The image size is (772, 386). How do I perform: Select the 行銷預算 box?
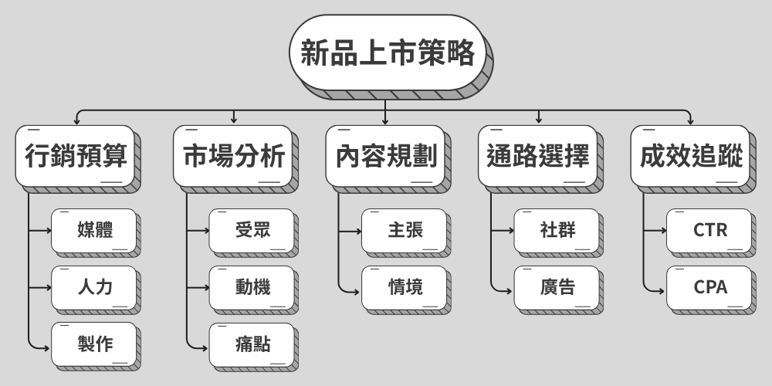[x=76, y=156]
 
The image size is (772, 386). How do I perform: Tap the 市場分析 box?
[x=234, y=156]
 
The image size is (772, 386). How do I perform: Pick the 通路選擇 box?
[x=538, y=156]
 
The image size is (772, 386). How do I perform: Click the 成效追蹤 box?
[x=691, y=156]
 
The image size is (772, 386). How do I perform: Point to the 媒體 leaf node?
[x=95, y=229]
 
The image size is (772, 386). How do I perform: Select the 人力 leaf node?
[x=95, y=287]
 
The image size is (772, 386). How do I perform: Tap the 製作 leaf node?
[x=95, y=344]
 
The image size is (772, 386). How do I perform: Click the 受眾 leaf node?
[x=252, y=229]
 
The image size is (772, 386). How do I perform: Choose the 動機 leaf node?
[x=252, y=287]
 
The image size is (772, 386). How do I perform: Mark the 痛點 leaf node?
[x=252, y=344]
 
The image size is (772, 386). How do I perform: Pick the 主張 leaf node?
[x=405, y=229]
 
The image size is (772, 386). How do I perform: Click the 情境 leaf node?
[x=405, y=287]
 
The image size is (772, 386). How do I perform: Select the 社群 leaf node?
[x=557, y=229]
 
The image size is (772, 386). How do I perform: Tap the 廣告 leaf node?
[x=557, y=287]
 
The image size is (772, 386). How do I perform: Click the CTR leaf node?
[x=709, y=229]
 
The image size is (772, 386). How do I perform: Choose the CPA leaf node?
[x=709, y=287]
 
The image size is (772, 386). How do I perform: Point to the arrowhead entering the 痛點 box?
[x=205, y=344]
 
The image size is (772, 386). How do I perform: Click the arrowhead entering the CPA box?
[x=662, y=287]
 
